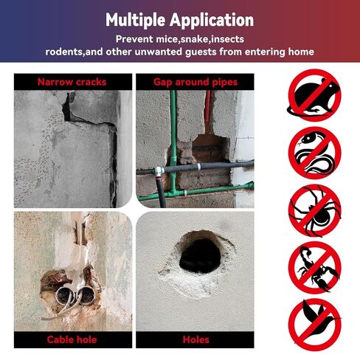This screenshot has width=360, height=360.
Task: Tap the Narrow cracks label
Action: [x=71, y=82]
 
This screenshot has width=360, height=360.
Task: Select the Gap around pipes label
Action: [x=195, y=82]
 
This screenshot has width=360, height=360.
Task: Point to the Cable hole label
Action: [x=71, y=339]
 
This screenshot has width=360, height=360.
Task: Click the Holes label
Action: [x=195, y=339]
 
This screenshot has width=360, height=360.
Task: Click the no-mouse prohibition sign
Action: [x=314, y=95]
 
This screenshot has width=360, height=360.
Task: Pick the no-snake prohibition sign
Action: [x=314, y=153]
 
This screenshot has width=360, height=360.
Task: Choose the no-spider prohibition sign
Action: [x=314, y=210]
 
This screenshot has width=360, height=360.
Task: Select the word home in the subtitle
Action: [x=300, y=52]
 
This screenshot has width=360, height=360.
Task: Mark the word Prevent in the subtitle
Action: [x=135, y=38]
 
